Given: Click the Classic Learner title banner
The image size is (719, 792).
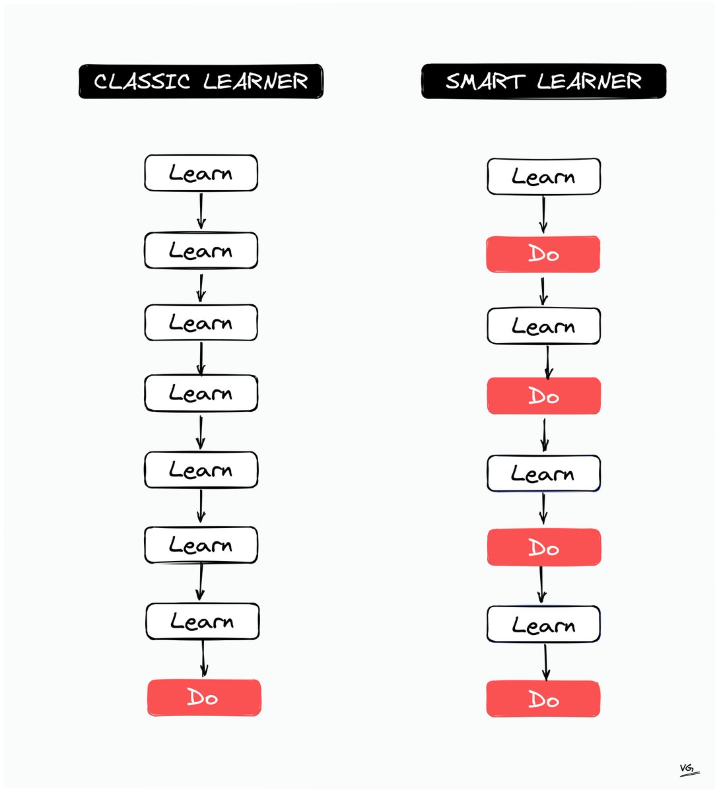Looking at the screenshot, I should click(201, 81).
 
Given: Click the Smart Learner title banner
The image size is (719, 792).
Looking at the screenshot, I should click(543, 81).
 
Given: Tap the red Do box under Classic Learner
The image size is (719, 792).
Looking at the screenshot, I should click(204, 698).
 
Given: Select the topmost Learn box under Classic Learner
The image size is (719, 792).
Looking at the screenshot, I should click(201, 174).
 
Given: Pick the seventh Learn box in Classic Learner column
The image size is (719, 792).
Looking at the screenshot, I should click(202, 622).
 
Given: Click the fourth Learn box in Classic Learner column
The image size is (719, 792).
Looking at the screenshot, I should click(201, 393).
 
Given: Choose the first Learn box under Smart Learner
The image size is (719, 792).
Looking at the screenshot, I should click(543, 177).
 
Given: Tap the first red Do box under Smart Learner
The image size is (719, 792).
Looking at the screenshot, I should click(543, 254).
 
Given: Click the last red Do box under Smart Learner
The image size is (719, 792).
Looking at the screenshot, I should click(543, 700).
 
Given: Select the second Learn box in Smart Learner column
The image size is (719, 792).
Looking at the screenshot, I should click(543, 326).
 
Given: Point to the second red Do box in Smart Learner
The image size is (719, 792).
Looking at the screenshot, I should click(543, 396).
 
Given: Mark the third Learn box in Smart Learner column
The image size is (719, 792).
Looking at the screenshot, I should click(543, 474).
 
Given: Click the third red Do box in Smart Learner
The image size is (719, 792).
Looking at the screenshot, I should click(544, 548).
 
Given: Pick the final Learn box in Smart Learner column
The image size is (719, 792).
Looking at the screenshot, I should click(543, 624).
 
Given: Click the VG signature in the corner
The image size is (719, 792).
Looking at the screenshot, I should click(689, 769).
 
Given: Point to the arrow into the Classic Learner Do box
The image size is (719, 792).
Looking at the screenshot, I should click(203, 659).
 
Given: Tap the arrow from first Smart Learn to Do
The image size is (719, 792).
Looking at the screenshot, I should click(543, 214).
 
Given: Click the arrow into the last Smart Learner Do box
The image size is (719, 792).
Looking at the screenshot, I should click(545, 662).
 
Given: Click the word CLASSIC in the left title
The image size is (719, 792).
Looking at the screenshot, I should click(142, 81).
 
